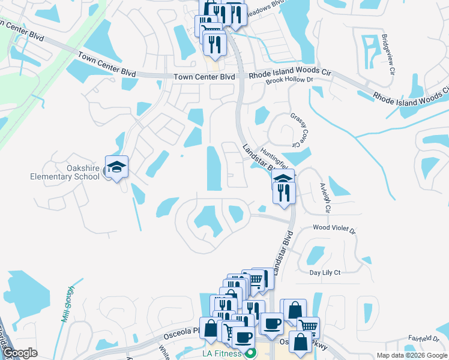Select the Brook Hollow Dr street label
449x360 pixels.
point(290,80)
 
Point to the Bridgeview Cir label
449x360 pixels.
point(388,54)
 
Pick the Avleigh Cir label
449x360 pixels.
point(327,197)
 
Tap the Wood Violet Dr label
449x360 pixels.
point(334,229)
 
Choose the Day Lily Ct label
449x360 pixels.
point(325,272)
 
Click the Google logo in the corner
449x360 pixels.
point(20,353)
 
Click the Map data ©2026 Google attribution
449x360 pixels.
point(411,355)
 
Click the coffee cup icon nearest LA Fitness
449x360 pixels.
point(244,338)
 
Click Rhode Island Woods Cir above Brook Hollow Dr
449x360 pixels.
point(291,71)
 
